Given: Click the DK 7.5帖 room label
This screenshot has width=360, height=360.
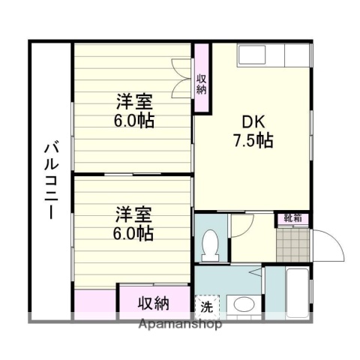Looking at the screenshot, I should tap(251, 130).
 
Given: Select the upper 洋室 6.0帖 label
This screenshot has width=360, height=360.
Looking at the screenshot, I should tap(135, 111).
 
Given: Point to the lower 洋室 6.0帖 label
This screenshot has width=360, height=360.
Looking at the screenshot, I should tap(135, 223).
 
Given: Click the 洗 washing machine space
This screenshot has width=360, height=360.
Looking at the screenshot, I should tap(205, 306).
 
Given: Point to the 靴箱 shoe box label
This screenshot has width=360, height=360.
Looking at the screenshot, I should tap(292, 218).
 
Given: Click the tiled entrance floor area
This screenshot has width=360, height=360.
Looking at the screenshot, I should tap(291, 243).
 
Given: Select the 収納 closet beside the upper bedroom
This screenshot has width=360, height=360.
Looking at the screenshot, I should tap(202, 79).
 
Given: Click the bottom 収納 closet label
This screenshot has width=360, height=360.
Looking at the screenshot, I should tap(152, 304).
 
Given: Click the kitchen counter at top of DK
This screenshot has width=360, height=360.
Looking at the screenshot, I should tap(273, 56).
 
